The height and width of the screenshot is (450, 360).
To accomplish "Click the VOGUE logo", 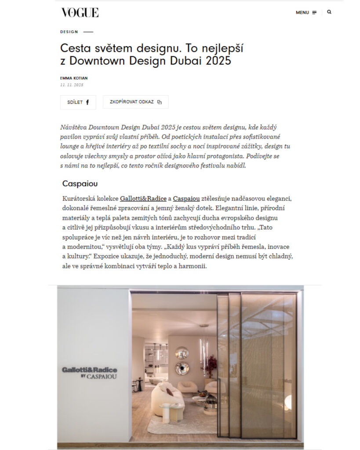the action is (x=80, y=12).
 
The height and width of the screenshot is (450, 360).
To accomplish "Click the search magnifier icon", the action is (x=329, y=12).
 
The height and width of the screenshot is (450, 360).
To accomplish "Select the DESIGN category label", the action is (x=69, y=32).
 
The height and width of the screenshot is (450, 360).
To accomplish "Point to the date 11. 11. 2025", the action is (x=72, y=85).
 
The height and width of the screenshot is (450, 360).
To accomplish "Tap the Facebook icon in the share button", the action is (x=87, y=102).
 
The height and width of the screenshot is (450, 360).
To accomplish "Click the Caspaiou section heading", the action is (x=80, y=183).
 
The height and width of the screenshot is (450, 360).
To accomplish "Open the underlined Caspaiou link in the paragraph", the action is (x=186, y=199).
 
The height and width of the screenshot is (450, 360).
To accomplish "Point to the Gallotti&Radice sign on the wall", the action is (x=89, y=370).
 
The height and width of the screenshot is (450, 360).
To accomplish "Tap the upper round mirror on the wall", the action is (x=182, y=352).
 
